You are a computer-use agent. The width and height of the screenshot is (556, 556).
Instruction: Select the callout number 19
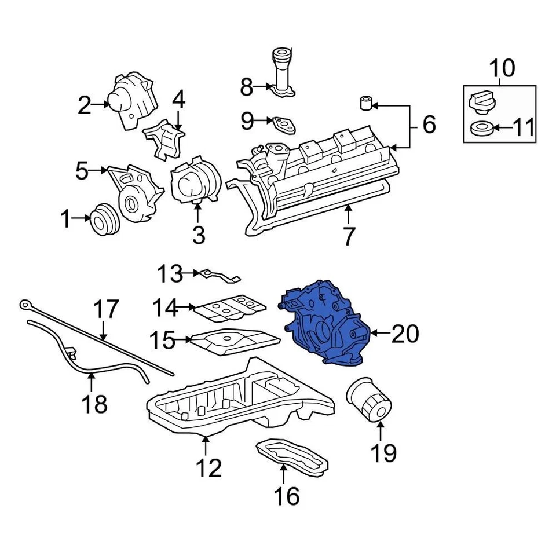click(x=383, y=453)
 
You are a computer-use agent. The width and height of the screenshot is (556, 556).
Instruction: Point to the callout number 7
click(x=348, y=236)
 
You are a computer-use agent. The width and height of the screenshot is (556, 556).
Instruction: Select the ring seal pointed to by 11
click(x=481, y=128)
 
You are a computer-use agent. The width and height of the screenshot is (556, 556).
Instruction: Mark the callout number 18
click(x=94, y=404)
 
